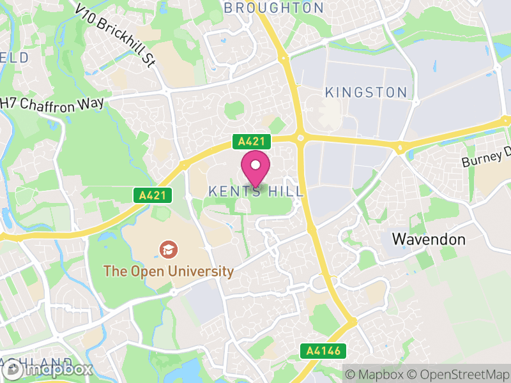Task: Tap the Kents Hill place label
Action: [256, 191]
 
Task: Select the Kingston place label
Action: [366, 93]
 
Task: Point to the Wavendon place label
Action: [428, 240]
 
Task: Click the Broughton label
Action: [274, 8]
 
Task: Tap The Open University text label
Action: [169, 271]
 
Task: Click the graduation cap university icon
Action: [167, 248]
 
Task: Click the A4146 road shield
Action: [324, 350]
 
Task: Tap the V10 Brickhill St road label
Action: [115, 35]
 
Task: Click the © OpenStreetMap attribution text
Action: [459, 373]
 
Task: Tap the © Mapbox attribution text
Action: [376, 373]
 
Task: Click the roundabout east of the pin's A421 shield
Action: [300, 136]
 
